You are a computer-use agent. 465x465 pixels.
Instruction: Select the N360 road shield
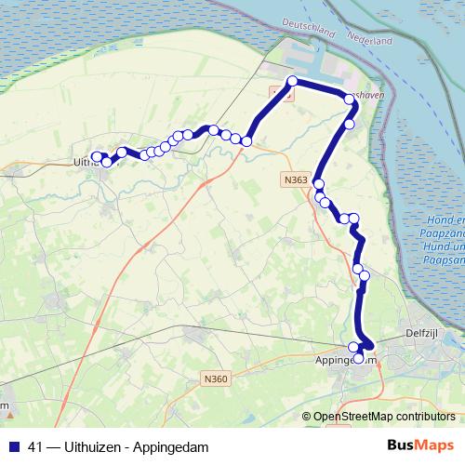point(215,379)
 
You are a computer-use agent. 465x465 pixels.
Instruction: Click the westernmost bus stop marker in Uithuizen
point(97,157)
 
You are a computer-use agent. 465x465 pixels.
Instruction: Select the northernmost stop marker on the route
point(292,81)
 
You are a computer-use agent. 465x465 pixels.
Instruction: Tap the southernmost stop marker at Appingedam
point(359,357)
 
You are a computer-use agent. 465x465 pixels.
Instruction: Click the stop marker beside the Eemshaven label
point(350,97)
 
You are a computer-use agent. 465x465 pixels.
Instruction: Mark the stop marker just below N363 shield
point(318,184)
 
